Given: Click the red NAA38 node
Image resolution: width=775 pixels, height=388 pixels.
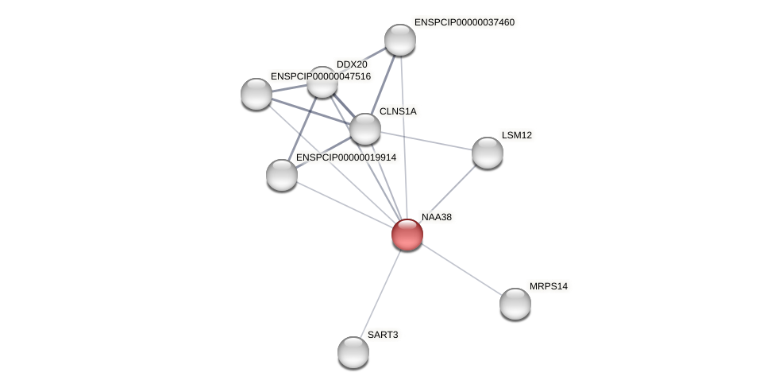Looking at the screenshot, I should click(407, 235).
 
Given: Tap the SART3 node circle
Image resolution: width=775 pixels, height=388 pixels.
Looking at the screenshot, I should click(353, 351).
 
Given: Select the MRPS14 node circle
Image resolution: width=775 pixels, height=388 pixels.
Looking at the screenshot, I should click(515, 303).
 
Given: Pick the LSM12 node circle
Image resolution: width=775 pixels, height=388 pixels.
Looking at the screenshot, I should click(488, 153).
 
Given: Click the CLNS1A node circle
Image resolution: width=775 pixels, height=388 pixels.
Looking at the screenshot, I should click(365, 129).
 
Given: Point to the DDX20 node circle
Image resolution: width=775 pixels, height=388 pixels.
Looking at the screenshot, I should click(322, 82).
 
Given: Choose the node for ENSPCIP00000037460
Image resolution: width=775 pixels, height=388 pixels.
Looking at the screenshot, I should click(400, 40).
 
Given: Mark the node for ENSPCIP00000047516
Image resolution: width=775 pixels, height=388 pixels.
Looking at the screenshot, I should click(256, 94).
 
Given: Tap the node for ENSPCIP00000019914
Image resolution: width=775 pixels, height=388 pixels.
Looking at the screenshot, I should click(282, 175).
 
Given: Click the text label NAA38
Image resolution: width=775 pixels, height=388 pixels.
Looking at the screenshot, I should click(436, 217).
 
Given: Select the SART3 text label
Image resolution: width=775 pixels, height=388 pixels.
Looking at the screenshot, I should click(383, 335).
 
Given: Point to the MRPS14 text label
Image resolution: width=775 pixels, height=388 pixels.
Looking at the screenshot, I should click(549, 286).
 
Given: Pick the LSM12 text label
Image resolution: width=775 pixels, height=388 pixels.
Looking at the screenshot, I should click(517, 135).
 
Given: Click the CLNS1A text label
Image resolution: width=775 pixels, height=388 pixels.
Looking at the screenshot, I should click(398, 111).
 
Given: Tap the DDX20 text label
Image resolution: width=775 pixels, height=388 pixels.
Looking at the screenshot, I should click(352, 64).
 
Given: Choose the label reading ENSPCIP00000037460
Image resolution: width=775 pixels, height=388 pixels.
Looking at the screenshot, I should click(465, 22).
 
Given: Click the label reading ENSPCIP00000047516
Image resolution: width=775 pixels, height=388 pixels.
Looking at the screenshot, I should click(321, 76).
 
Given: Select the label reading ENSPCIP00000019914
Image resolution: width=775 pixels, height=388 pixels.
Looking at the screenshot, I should click(346, 157).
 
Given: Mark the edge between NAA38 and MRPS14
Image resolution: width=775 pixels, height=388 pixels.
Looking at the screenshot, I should click(461, 269).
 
